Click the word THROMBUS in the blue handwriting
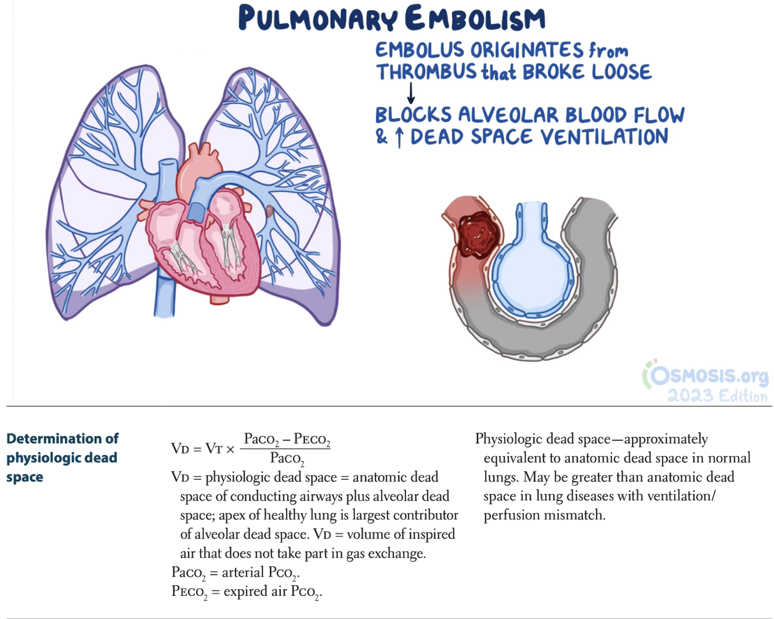[426, 72]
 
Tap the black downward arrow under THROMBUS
[411, 93]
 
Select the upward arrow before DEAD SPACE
[399, 138]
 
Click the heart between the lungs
[203, 243]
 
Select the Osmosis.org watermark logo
[705, 376]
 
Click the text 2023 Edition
[717, 396]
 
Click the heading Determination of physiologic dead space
[62, 457]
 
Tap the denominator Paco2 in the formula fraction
[287, 459]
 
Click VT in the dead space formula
[214, 449]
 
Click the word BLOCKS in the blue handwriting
[413, 115]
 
